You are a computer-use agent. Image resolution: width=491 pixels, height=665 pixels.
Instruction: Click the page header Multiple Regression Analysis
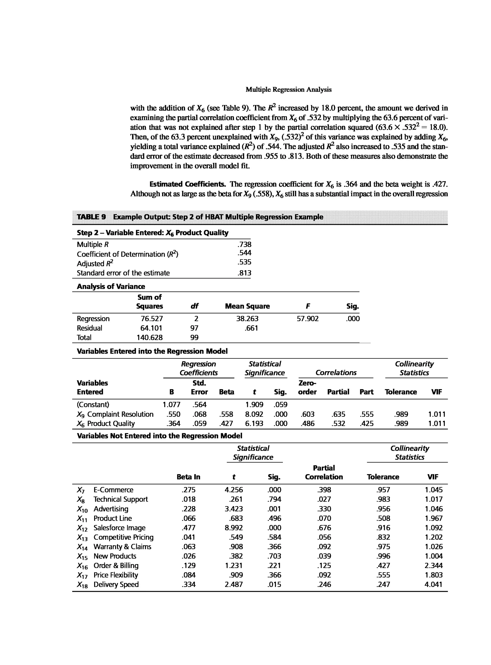point(288,90)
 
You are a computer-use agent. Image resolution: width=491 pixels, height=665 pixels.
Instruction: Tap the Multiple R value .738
point(244,245)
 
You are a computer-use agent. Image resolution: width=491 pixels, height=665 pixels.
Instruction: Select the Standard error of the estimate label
point(123,273)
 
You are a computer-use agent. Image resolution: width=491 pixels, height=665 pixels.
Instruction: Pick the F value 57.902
point(308,319)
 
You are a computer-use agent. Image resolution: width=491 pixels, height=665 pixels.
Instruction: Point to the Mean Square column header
point(247,306)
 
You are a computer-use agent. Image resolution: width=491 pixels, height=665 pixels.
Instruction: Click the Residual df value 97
point(194,328)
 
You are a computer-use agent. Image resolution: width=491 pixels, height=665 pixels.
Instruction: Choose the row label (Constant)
point(93,405)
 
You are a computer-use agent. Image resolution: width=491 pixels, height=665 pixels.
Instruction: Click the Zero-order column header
point(307,387)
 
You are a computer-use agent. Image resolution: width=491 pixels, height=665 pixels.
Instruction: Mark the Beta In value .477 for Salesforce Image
point(188,527)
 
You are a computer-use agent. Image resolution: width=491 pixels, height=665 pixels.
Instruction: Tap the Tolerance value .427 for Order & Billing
point(383,565)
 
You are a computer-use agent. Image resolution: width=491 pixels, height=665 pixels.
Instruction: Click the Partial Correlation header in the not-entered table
point(324,473)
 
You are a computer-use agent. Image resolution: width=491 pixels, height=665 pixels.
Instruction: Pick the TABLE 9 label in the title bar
point(91,217)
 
